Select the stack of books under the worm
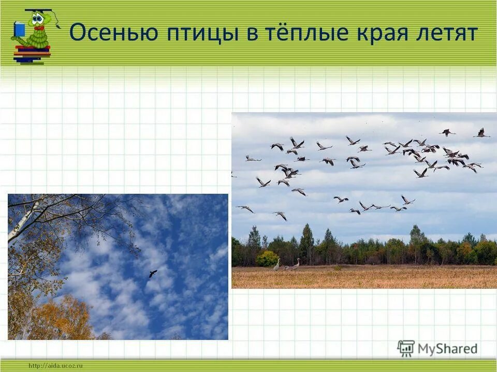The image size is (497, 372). [x=32, y=54]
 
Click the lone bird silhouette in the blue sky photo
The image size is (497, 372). [x=153, y=273]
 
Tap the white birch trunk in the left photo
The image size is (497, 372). [x=23, y=223]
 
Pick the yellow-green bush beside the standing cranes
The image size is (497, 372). [x=267, y=259]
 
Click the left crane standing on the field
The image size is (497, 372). [x=277, y=265]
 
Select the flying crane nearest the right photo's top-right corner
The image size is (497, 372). [x=481, y=133]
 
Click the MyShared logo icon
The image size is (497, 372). [x=406, y=349]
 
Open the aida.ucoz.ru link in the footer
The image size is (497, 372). [x=56, y=366]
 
